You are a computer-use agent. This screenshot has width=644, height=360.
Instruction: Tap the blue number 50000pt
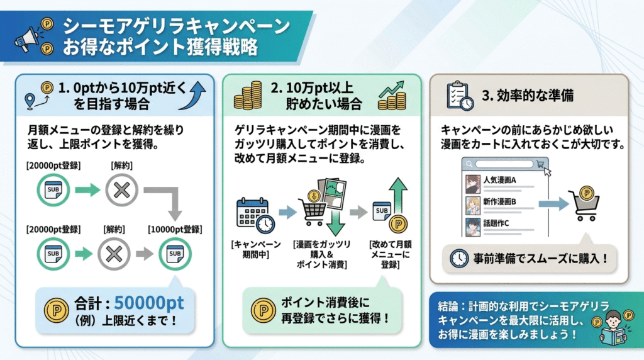click(x=148, y=303)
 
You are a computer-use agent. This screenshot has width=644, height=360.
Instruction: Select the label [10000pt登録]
click(x=175, y=229)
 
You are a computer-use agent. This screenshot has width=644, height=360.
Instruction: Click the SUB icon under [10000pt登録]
click(x=175, y=254)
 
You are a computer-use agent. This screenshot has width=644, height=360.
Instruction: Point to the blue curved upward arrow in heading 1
click(x=193, y=95)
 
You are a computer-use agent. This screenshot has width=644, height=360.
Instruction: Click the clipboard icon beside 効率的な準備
click(x=460, y=96)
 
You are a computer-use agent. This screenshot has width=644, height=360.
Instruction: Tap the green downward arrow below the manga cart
click(x=336, y=223)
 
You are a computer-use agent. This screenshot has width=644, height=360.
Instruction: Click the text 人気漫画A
click(x=499, y=180)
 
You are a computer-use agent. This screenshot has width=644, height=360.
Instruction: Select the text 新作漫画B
click(x=499, y=202)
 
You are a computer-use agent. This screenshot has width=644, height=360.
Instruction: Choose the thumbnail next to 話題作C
click(x=473, y=227)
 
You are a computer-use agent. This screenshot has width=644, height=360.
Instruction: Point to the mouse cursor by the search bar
click(x=548, y=171)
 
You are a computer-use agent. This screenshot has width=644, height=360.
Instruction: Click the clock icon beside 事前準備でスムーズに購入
click(x=458, y=259)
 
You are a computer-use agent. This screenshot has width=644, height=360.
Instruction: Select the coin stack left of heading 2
click(x=248, y=96)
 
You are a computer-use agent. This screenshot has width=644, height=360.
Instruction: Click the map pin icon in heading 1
click(x=30, y=101)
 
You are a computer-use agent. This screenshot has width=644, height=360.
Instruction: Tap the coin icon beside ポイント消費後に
click(x=264, y=310)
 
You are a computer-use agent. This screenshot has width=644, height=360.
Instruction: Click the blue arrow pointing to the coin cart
click(x=553, y=203)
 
